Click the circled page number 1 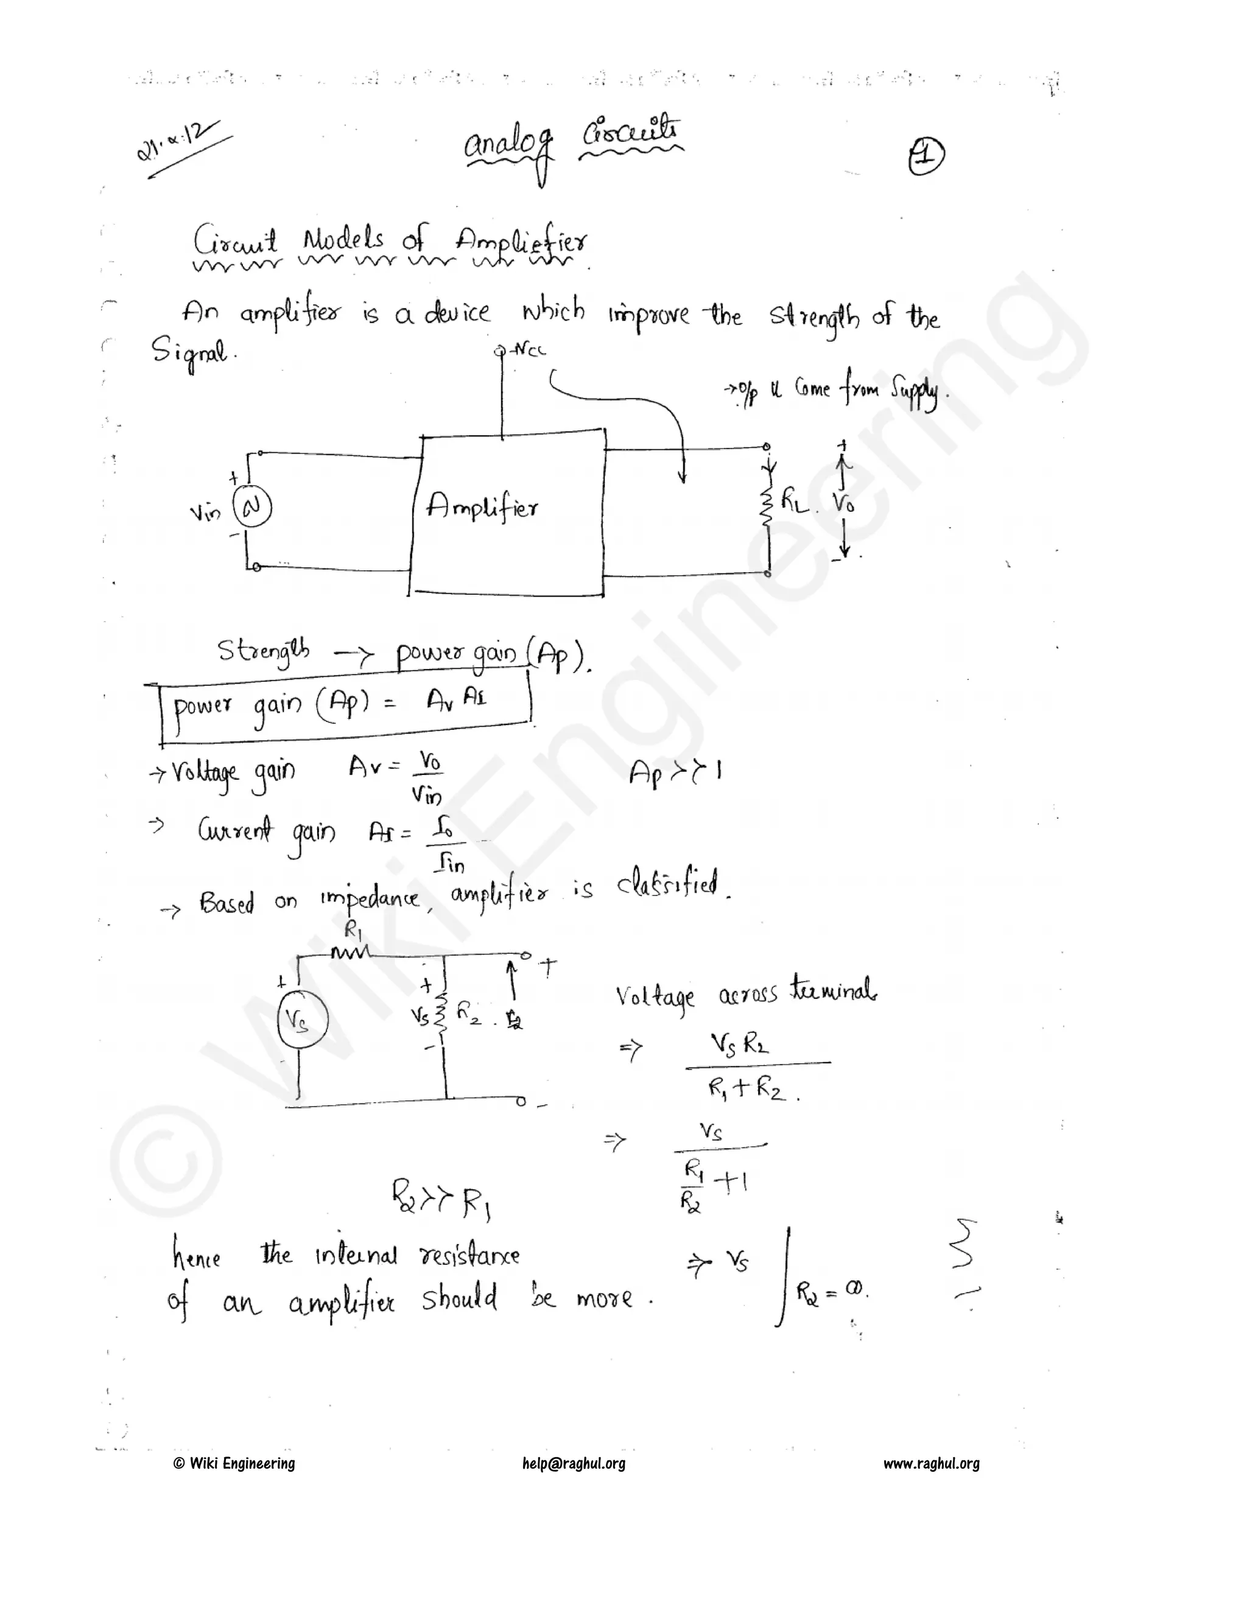[x=926, y=156]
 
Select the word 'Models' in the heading [x=343, y=239]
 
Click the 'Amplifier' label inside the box [x=482, y=506]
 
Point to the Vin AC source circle [x=253, y=508]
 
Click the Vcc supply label [x=529, y=349]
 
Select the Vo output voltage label [x=844, y=504]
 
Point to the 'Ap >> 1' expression [x=675, y=772]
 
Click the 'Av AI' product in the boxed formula [x=457, y=699]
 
